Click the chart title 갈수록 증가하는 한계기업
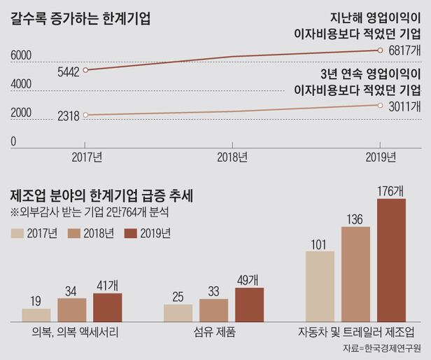coord(80,19)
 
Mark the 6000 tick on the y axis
coord(20,55)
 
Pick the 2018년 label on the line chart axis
coord(232,157)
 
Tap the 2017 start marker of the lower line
coord(85,115)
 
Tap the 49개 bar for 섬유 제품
coord(250,304)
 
